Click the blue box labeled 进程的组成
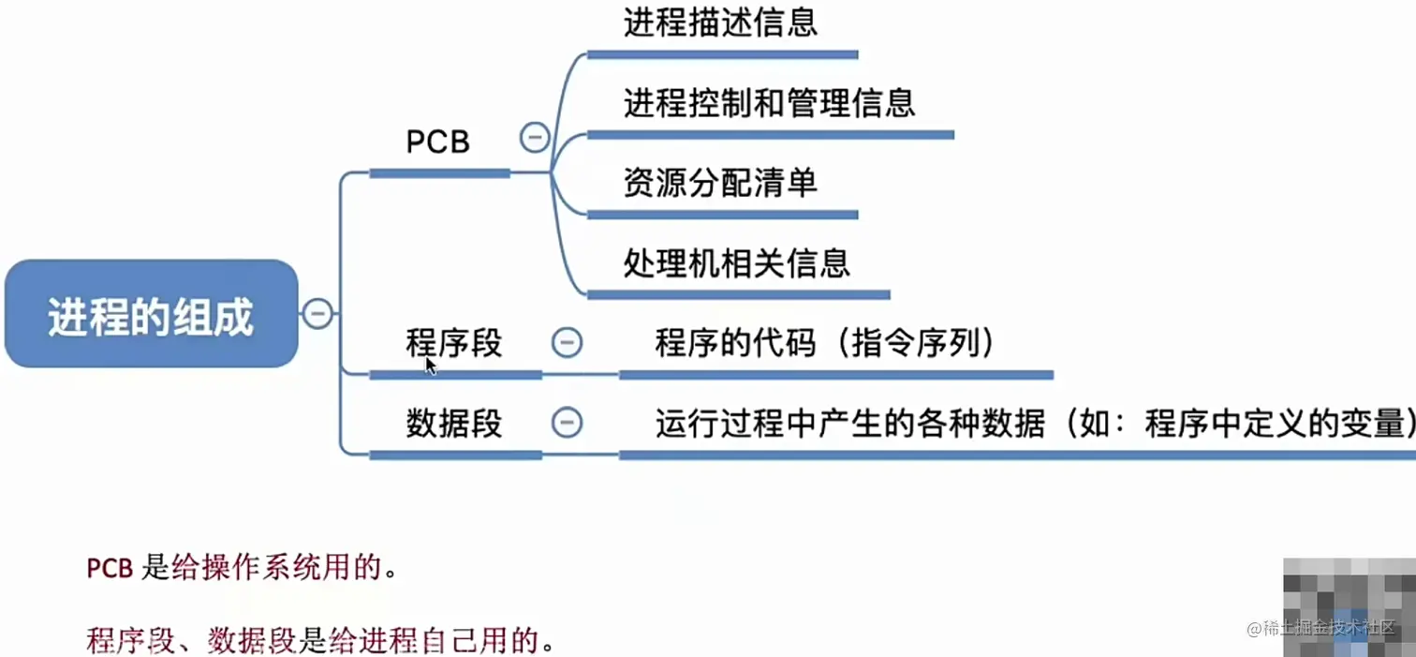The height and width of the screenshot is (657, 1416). (151, 314)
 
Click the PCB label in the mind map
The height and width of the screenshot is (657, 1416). (437, 142)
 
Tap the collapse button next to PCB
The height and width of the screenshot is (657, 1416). (534, 139)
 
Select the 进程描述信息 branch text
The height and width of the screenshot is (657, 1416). (720, 22)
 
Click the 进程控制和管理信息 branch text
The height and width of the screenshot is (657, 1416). (769, 102)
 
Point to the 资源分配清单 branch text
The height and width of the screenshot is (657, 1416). (720, 183)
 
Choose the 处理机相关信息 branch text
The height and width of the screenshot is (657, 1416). (737, 263)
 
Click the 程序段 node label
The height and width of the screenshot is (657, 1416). (454, 343)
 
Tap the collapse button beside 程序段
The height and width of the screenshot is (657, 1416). (566, 343)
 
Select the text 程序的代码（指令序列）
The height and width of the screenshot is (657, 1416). (824, 343)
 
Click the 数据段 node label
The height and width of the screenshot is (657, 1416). (454, 424)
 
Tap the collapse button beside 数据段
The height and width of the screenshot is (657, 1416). (566, 424)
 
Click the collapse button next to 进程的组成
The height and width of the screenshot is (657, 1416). (317, 313)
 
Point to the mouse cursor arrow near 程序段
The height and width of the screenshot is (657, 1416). (430, 365)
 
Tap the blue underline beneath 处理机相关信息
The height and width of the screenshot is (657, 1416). (738, 294)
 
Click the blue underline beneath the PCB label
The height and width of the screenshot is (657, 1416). (439, 173)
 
